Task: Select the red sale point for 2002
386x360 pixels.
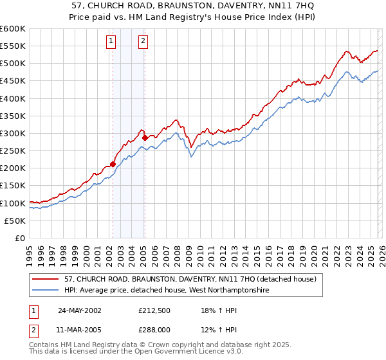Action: (113, 164)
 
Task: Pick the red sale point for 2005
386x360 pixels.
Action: (145, 138)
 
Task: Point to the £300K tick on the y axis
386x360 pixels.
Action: (12, 133)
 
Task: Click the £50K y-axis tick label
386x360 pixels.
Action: (15, 221)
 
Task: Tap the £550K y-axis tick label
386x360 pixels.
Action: (12, 46)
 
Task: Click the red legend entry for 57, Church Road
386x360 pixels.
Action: (190, 280)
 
